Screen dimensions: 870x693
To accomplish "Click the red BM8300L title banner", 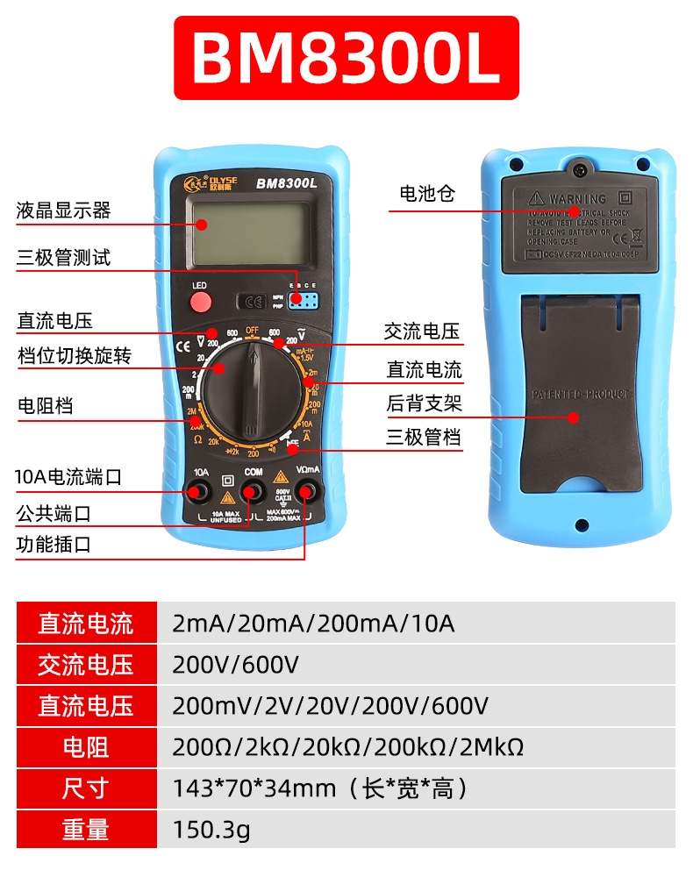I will tap(346, 58).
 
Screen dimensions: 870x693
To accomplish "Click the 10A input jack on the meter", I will tap(201, 491).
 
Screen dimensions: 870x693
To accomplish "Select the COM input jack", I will tap(253, 491).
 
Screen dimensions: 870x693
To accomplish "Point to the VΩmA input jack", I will tap(307, 491).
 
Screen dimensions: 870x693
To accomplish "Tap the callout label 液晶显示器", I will tap(63, 210).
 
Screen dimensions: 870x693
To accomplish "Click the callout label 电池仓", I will tap(427, 194).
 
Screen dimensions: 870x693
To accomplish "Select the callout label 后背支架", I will tap(424, 404).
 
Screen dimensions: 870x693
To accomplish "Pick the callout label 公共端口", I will tap(54, 512).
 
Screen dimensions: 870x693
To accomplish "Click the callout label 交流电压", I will tap(421, 332).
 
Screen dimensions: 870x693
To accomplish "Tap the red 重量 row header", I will tap(85, 829).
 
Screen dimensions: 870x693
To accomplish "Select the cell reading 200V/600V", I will tap(235, 665).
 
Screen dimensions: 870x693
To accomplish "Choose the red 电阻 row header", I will tap(85, 747).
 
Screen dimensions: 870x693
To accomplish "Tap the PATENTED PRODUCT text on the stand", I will tap(581, 395).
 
